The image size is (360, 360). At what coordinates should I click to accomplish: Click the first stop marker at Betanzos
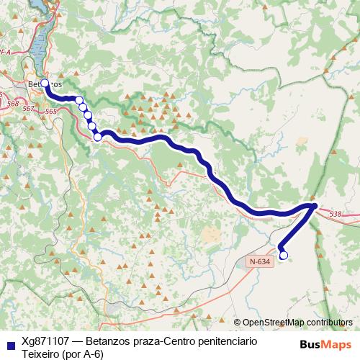[45, 84]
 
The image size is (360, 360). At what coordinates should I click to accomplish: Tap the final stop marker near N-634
[283, 255]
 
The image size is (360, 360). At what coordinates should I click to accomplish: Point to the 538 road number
[336, 214]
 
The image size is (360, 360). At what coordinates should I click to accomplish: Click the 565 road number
[50, 112]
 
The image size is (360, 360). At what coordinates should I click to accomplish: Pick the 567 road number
[28, 108]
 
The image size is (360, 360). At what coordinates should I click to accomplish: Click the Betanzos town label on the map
[43, 84]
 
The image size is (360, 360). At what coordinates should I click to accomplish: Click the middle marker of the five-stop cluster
[88, 116]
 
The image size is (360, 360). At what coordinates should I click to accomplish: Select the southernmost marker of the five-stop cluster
[97, 136]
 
